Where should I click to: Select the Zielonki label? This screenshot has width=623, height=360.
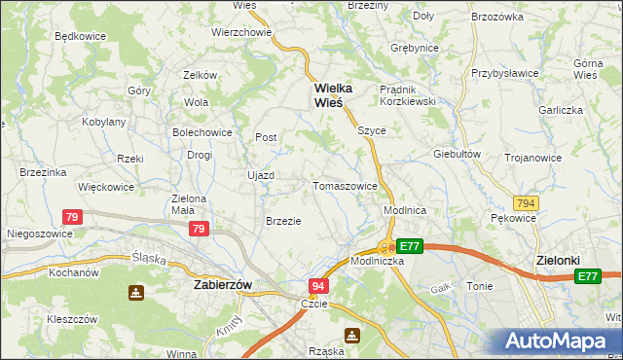560,261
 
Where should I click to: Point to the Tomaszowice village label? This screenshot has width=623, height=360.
345,186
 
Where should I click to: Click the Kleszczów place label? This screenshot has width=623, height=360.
72,318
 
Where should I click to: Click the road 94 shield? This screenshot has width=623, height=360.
319,286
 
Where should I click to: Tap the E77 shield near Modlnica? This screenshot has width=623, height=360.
410,247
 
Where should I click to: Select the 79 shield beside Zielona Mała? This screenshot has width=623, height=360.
199,229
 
